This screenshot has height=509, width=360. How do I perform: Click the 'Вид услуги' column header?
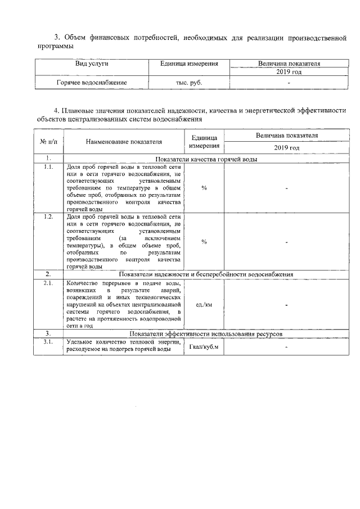pyautogui.click(x=92, y=64)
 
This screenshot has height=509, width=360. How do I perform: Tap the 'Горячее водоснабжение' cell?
pyautogui.click(x=92, y=83)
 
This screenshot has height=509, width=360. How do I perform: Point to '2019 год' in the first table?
pyautogui.click(x=289, y=73)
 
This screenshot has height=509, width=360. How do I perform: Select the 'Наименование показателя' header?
pyautogui.click(x=124, y=141)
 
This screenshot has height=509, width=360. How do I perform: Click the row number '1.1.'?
pyautogui.click(x=48, y=168)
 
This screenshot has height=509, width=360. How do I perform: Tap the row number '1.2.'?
pyautogui.click(x=48, y=217)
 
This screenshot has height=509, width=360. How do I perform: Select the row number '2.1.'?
pyautogui.click(x=48, y=283)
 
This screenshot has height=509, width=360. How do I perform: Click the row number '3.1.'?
pyautogui.click(x=48, y=342)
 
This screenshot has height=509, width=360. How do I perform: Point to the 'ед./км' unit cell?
pyautogui.click(x=204, y=304)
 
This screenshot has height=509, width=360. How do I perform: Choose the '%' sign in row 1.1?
pyautogui.click(x=204, y=188)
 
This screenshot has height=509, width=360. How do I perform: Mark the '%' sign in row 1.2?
pyautogui.click(x=204, y=241)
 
